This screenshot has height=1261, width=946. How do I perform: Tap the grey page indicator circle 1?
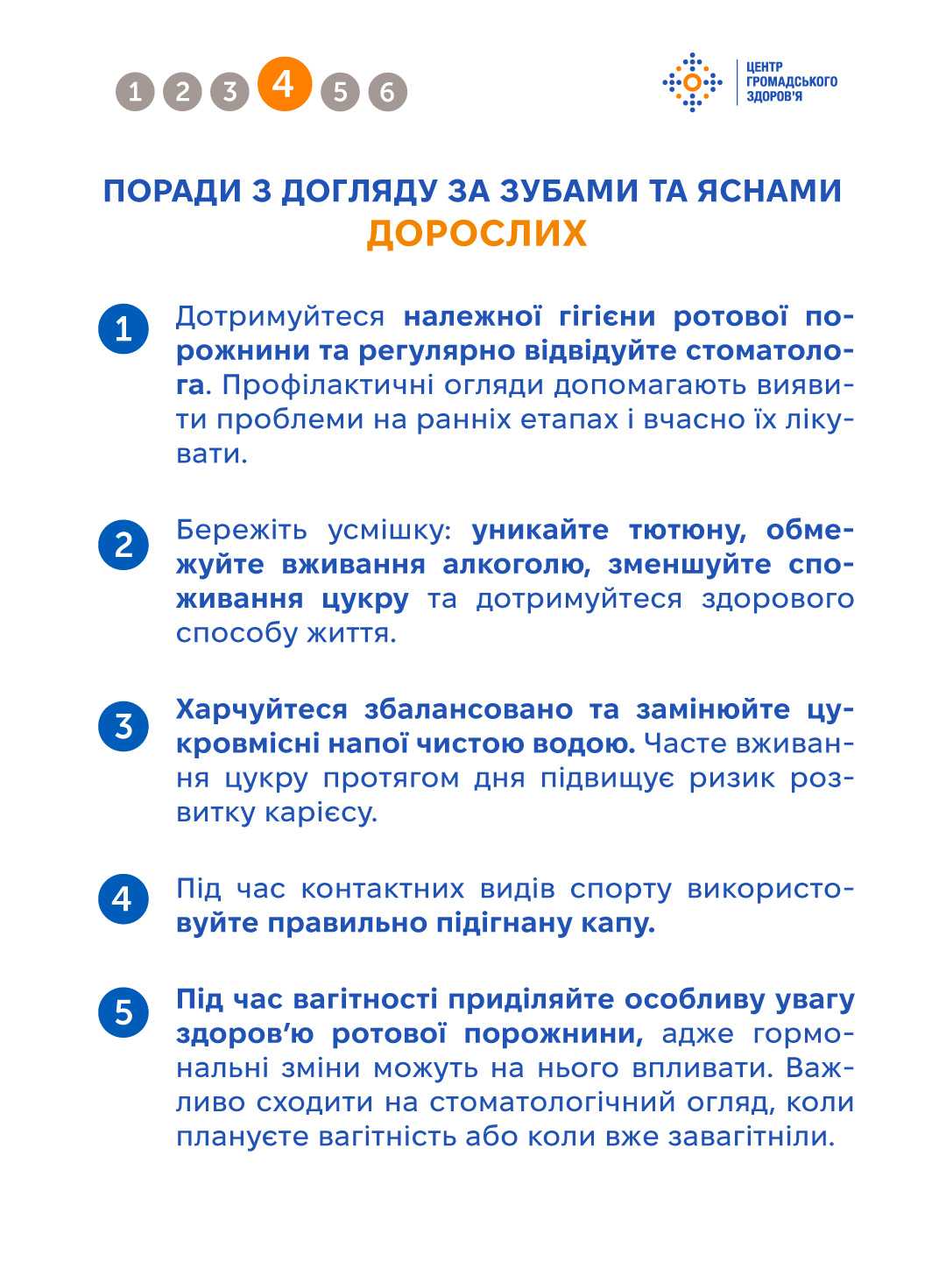[135, 91]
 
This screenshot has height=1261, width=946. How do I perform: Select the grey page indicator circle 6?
[387, 91]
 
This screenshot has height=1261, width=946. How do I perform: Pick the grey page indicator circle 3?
[229, 91]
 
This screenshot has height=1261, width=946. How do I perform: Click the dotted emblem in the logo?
[692, 82]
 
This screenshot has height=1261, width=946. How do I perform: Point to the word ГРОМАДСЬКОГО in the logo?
[791, 81]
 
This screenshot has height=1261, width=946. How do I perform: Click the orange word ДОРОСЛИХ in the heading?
[476, 234]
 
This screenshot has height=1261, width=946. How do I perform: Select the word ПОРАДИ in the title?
[171, 191]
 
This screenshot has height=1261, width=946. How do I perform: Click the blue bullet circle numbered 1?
[124, 329]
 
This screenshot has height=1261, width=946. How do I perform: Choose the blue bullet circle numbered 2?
[124, 545]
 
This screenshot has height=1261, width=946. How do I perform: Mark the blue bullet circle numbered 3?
[124, 726]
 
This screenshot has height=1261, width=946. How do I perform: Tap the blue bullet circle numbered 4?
[124, 898]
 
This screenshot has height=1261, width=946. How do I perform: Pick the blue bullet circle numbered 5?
[124, 1012]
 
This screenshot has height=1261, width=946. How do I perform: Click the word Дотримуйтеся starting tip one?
[280, 316]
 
